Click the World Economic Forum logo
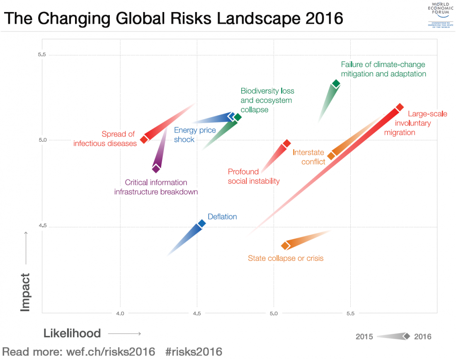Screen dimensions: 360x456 (440, 15)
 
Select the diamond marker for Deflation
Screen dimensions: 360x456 (202, 223)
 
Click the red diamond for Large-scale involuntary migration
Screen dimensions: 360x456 (400, 107)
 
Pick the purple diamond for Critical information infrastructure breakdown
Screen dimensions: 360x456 (156, 169)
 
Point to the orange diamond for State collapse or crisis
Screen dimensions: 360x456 (285, 246)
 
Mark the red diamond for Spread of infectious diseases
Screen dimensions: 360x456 (144, 139)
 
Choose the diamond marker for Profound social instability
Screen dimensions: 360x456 (286, 144)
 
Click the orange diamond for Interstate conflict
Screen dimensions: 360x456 (331, 156)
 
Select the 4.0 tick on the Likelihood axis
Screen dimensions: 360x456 (120, 313)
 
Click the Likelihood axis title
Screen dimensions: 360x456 (72, 333)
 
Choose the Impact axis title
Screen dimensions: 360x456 (26, 292)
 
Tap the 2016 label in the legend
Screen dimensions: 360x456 (422, 336)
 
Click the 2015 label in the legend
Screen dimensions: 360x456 (364, 336)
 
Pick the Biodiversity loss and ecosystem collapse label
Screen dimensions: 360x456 (267, 100)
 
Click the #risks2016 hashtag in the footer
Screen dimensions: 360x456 (194, 352)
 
